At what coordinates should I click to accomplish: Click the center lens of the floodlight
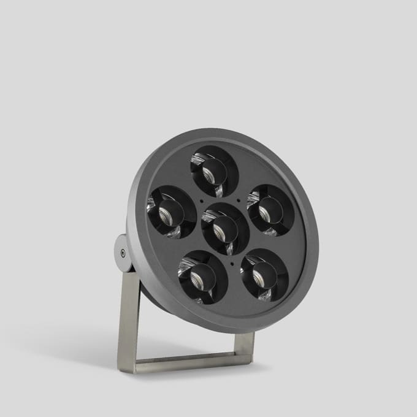click(x=225, y=228)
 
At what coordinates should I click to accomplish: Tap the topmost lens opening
click(x=214, y=170)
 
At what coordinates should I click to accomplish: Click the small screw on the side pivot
click(x=123, y=253)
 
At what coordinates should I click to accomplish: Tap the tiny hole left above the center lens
click(x=201, y=201)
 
